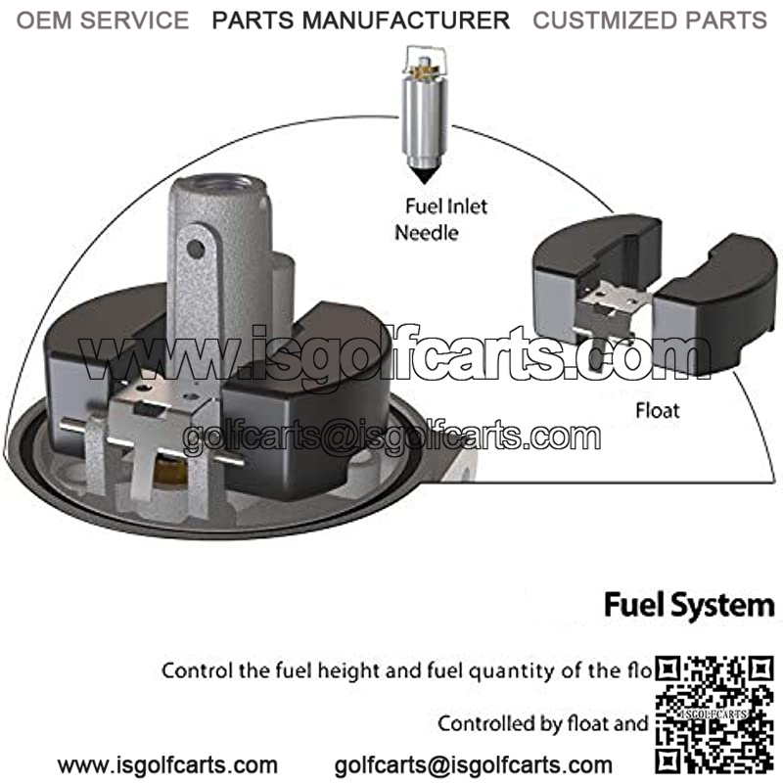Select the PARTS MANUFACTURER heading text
pos(361,20)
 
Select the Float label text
pos(657,410)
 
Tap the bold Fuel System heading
pos(688,604)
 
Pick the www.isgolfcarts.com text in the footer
pos(167,765)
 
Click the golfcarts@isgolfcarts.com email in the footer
pos(474,765)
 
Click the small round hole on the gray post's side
pos(196,250)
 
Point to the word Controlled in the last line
pos(485,724)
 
